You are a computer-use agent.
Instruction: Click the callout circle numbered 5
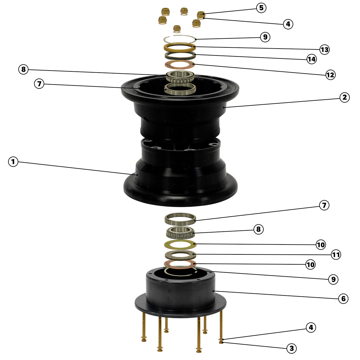click(261, 8)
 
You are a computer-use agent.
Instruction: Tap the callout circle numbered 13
click(324, 49)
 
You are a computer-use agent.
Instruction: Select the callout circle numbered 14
click(311, 59)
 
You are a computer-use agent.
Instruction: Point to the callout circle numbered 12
click(330, 75)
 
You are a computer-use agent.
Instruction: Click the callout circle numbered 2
click(344, 97)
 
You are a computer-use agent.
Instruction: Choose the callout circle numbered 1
click(13, 162)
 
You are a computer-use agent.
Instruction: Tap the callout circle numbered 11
click(336, 254)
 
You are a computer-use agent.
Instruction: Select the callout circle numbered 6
click(343, 298)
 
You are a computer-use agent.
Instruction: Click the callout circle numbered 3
click(292, 348)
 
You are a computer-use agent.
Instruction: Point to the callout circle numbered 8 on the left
click(23, 69)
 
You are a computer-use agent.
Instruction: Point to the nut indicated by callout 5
click(201, 14)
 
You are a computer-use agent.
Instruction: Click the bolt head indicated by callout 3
click(221, 342)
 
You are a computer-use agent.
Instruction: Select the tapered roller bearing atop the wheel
click(180, 77)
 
